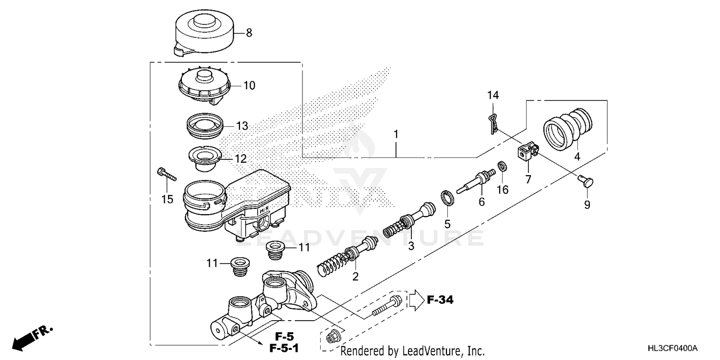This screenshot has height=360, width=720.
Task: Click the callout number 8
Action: click(x=249, y=33)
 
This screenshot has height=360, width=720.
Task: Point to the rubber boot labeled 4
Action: click(x=569, y=130)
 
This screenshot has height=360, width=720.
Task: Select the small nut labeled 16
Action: click(x=503, y=167)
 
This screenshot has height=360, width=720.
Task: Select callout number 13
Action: click(x=242, y=126)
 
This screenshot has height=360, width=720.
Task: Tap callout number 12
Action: click(x=240, y=158)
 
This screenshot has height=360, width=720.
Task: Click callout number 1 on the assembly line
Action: click(x=396, y=135)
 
